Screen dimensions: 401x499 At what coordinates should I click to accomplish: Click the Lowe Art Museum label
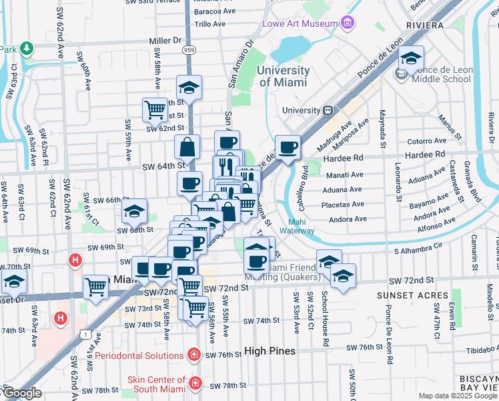coord(300,24)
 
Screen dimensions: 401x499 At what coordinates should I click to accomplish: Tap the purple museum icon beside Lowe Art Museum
coord(347,24)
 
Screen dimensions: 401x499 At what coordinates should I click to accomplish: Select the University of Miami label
coord(283,76)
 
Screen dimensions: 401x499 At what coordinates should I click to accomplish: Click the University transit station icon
coord(328,110)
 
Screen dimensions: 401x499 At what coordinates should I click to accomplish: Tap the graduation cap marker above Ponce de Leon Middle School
coord(412,57)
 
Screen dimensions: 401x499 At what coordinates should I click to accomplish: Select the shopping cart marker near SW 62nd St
coord(155,108)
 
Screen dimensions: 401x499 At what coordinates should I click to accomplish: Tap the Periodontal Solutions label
coord(139,355)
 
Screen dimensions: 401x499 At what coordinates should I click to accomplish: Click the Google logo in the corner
coord(21,393)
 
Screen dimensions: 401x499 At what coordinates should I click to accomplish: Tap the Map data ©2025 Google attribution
coord(457,396)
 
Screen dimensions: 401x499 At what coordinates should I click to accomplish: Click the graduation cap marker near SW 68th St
coord(134,211)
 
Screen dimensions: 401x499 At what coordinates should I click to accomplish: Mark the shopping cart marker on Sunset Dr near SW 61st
coord(96,287)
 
